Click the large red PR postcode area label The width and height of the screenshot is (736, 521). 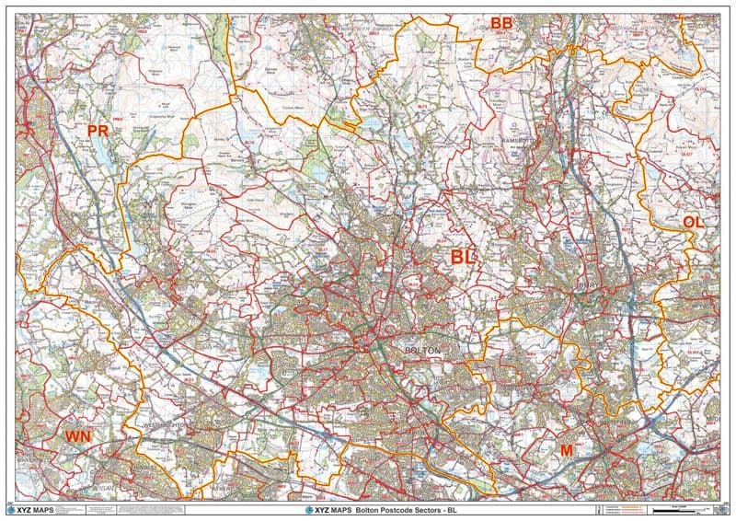(98, 131)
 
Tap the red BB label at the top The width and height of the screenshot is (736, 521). (501, 23)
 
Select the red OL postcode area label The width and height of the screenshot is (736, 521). (693, 222)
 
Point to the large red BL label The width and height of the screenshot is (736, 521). (463, 257)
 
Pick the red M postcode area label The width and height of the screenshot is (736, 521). (566, 449)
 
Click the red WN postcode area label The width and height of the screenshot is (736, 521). (77, 435)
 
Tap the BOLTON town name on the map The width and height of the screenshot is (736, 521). (423, 352)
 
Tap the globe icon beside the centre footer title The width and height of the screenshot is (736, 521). (295, 510)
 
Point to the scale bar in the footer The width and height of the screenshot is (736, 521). (676, 510)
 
